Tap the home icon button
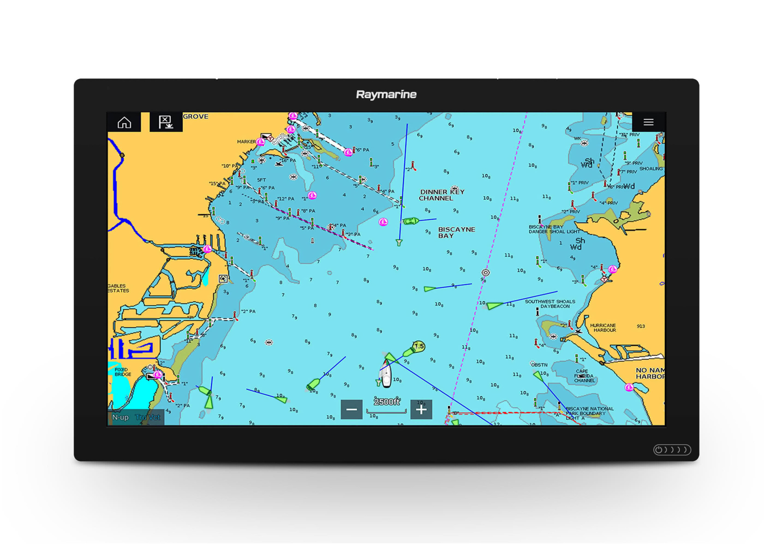pos(124,122)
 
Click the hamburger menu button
pos(648,122)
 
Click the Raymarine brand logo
pos(386,94)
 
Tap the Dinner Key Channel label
pos(442,195)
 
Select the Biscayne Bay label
pos(456,232)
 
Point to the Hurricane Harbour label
pos(603,327)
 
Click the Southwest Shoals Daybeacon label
pos(550,304)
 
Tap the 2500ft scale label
pos(386,402)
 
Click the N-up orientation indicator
pos(120,417)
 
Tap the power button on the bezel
pos(658,450)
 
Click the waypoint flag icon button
pos(166,122)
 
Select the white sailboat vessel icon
pos(386,374)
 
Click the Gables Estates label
pos(118,288)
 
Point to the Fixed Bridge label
pos(123,372)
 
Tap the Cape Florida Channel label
pos(584,376)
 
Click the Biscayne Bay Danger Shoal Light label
pos(554,229)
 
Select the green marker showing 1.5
pos(419,346)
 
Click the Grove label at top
pos(196,117)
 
